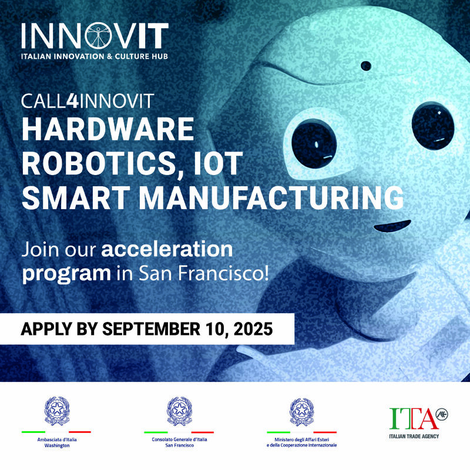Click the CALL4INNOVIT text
click(88, 100)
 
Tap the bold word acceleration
click(167, 249)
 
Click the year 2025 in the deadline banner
click(250, 328)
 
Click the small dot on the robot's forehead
click(366, 66)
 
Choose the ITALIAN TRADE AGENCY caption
click(414, 436)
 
